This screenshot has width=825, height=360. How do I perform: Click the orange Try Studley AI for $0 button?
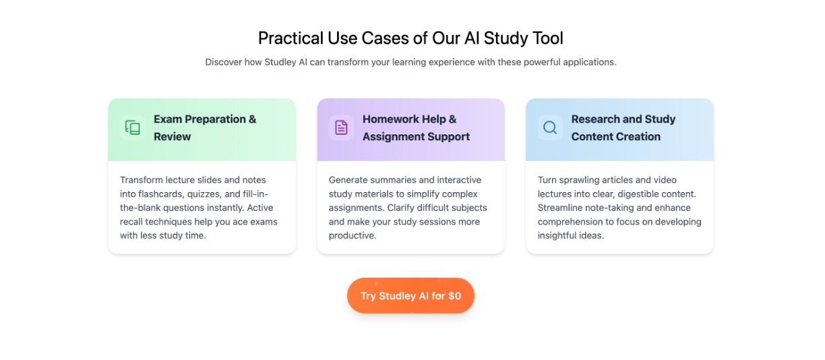click(410, 295)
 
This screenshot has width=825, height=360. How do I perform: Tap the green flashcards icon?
click(133, 128)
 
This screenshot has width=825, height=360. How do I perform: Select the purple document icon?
click(341, 128)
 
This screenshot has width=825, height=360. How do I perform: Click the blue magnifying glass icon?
click(550, 128)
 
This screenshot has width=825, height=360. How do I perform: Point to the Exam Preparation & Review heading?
click(205, 128)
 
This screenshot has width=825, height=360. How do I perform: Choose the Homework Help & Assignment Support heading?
click(416, 128)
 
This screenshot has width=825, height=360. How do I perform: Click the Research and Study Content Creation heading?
click(623, 128)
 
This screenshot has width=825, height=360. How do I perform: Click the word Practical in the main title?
click(291, 38)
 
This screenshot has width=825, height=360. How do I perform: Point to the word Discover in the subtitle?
click(223, 62)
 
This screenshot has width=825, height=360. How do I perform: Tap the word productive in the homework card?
click(353, 236)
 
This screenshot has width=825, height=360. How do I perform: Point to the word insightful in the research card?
click(556, 235)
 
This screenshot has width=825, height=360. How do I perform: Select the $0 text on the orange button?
click(454, 296)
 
